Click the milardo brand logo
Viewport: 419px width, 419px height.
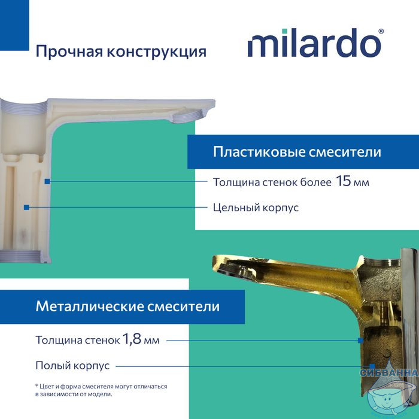315,42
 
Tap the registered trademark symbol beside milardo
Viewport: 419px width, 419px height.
381,31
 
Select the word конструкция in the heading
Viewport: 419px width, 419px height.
157,52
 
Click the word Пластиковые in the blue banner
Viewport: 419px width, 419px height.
259,152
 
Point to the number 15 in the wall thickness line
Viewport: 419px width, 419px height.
343,181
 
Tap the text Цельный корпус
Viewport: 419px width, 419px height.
256,208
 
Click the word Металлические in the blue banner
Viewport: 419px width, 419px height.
90,306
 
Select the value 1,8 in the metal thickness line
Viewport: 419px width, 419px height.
132,339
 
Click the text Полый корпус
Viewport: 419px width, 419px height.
72,365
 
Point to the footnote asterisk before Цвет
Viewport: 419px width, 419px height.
37,385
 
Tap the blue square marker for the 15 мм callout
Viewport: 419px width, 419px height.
47,181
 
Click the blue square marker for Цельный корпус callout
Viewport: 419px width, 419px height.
26,207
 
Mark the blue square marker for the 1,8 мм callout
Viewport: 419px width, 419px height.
360,341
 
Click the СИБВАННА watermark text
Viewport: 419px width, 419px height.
389,372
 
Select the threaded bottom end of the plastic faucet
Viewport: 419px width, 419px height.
20,256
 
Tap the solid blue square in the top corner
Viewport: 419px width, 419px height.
14,25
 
